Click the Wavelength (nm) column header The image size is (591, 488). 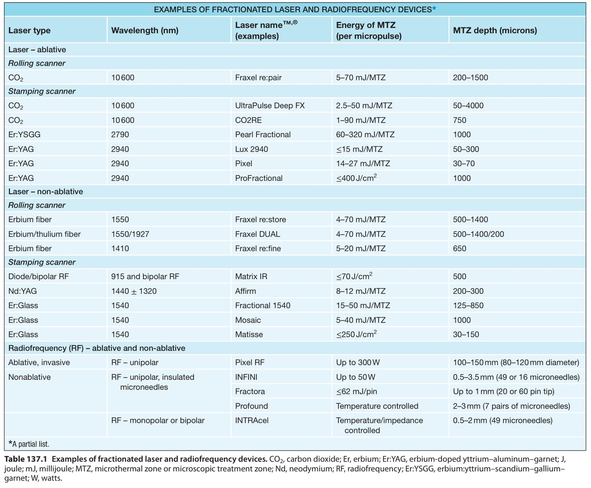[145, 30]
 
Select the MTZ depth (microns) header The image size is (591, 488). [495, 30]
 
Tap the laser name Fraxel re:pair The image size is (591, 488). [258, 78]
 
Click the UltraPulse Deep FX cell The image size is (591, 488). [270, 106]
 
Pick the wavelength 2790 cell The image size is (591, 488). [120, 134]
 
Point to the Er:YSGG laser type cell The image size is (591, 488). [24, 134]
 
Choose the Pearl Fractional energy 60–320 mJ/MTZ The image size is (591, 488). [365, 134]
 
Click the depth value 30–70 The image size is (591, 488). [464, 163]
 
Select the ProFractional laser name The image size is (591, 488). [259, 178]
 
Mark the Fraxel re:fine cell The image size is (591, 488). [258, 249]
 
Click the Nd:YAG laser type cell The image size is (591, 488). [23, 291]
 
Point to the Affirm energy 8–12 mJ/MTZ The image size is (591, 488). [361, 291]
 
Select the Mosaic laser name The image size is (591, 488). [248, 320]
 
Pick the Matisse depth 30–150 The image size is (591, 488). [466, 334]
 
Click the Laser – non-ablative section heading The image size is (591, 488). [46, 191]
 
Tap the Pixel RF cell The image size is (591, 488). [250, 362]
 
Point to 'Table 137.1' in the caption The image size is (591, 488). [26, 459]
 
